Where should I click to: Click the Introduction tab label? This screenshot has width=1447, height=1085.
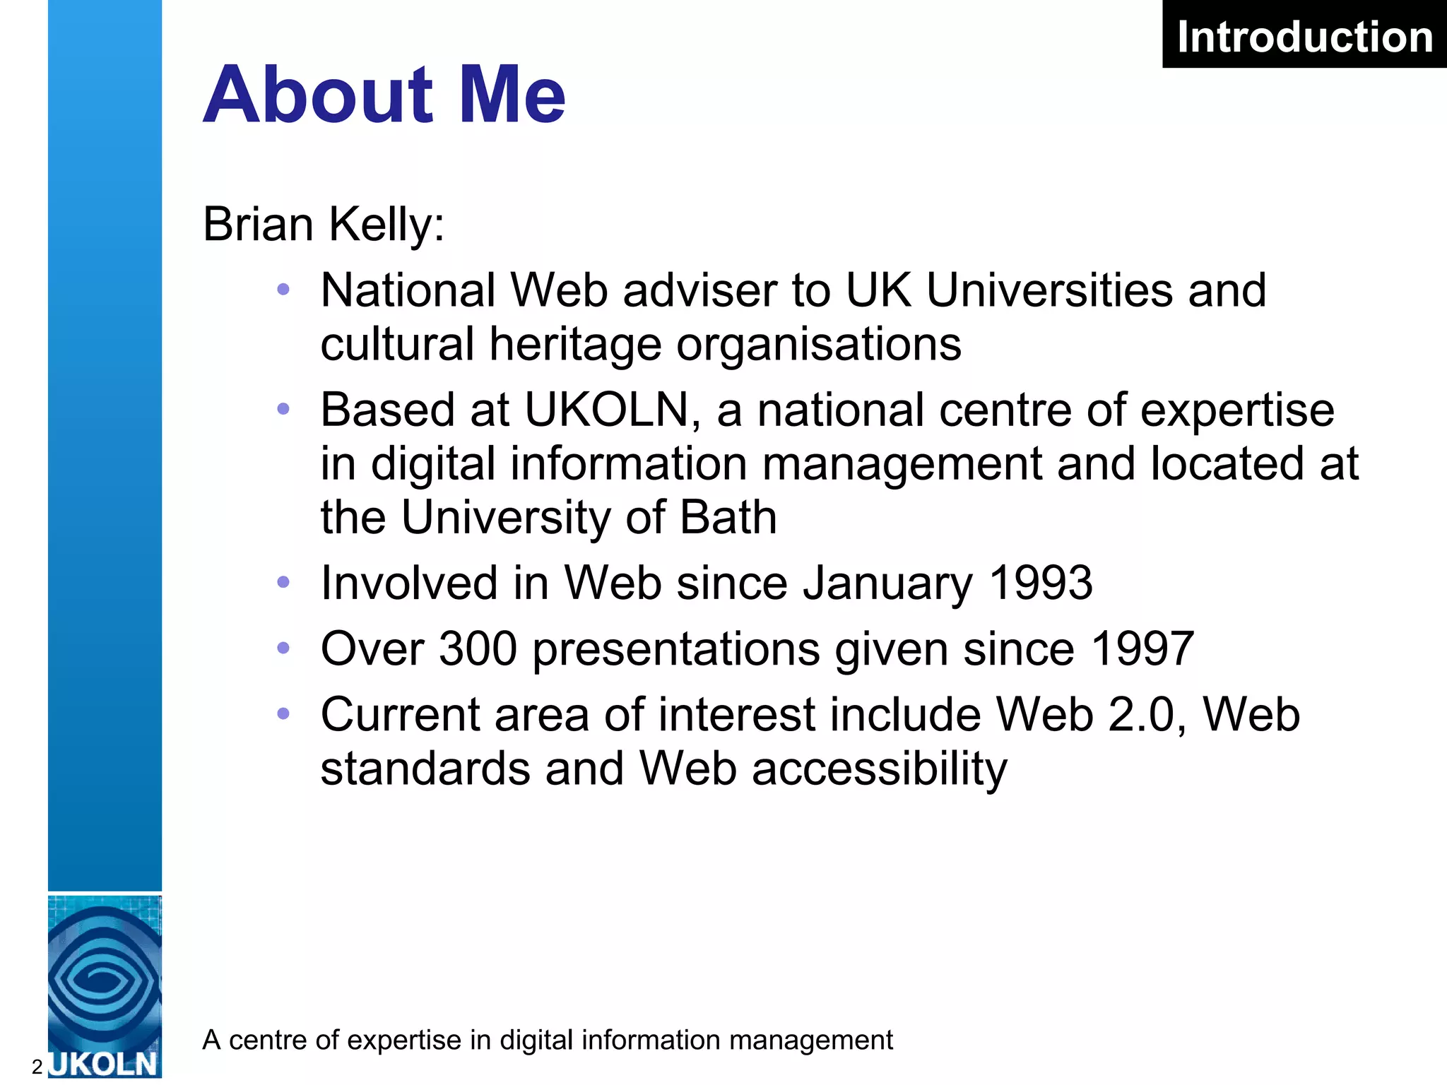pyautogui.click(x=1304, y=37)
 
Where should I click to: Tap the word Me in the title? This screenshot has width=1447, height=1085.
pyautogui.click(x=512, y=95)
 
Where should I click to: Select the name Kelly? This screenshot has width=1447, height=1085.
pyautogui.click(x=386, y=225)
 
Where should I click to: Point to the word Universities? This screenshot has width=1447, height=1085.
pyautogui.click(x=1049, y=290)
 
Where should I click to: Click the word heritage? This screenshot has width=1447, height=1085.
pyautogui.click(x=575, y=345)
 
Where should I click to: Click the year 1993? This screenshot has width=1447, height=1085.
pyautogui.click(x=1040, y=583)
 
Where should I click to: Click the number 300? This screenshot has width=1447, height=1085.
pyautogui.click(x=478, y=649)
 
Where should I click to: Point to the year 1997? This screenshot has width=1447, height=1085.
pyautogui.click(x=1142, y=649)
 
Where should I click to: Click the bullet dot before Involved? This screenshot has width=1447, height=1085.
pyautogui.click(x=283, y=583)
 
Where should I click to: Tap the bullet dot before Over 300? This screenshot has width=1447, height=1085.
pyautogui.click(x=283, y=648)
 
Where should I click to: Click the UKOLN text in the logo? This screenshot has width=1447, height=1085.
pyautogui.click(x=104, y=1064)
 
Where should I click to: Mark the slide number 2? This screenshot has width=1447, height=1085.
pyautogui.click(x=37, y=1067)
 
